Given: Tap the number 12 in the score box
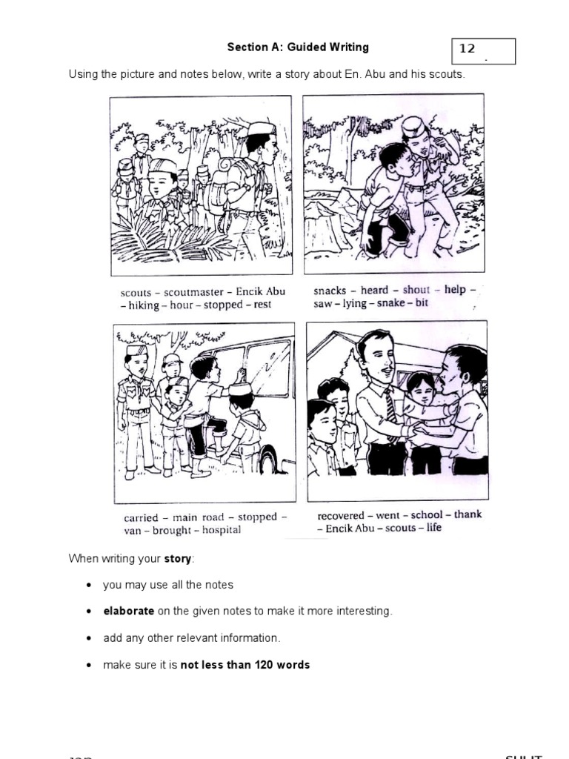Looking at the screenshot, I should pyautogui.click(x=467, y=49).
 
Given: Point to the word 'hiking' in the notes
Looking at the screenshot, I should pyautogui.click(x=143, y=305).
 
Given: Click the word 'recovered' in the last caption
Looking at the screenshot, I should pyautogui.click(x=340, y=516).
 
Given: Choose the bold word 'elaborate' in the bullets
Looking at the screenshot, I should pyautogui.click(x=129, y=611).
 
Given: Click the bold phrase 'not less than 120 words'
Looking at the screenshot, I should pyautogui.click(x=245, y=665).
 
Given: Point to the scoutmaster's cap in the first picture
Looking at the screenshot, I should pyautogui.click(x=262, y=128).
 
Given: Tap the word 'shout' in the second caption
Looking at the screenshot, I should pyautogui.click(x=416, y=290).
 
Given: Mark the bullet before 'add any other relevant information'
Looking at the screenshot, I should pyautogui.click(x=89, y=638).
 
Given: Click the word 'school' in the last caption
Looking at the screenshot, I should pyautogui.click(x=427, y=515).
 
